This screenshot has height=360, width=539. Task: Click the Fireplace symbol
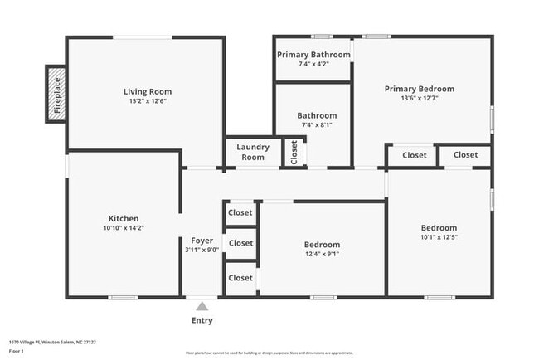55,95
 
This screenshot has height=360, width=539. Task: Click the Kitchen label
124,218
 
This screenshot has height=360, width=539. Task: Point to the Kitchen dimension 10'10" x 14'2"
124,228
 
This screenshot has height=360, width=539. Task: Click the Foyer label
202,241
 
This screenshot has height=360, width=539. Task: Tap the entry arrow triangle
202,306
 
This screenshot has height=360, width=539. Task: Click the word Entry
202,320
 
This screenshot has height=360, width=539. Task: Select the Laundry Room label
253,152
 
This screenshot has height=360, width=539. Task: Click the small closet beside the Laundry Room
294,152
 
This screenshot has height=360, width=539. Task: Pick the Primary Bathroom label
313,55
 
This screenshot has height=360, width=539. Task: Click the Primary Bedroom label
419,89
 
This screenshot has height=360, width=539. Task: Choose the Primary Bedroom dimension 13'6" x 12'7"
419,99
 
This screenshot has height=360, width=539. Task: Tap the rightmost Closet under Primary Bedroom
465,155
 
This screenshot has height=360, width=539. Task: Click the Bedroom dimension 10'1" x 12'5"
439,238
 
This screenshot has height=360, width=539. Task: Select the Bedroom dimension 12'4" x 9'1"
321,255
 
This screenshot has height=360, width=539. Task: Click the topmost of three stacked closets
240,212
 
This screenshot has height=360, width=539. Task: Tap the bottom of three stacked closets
240,278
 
